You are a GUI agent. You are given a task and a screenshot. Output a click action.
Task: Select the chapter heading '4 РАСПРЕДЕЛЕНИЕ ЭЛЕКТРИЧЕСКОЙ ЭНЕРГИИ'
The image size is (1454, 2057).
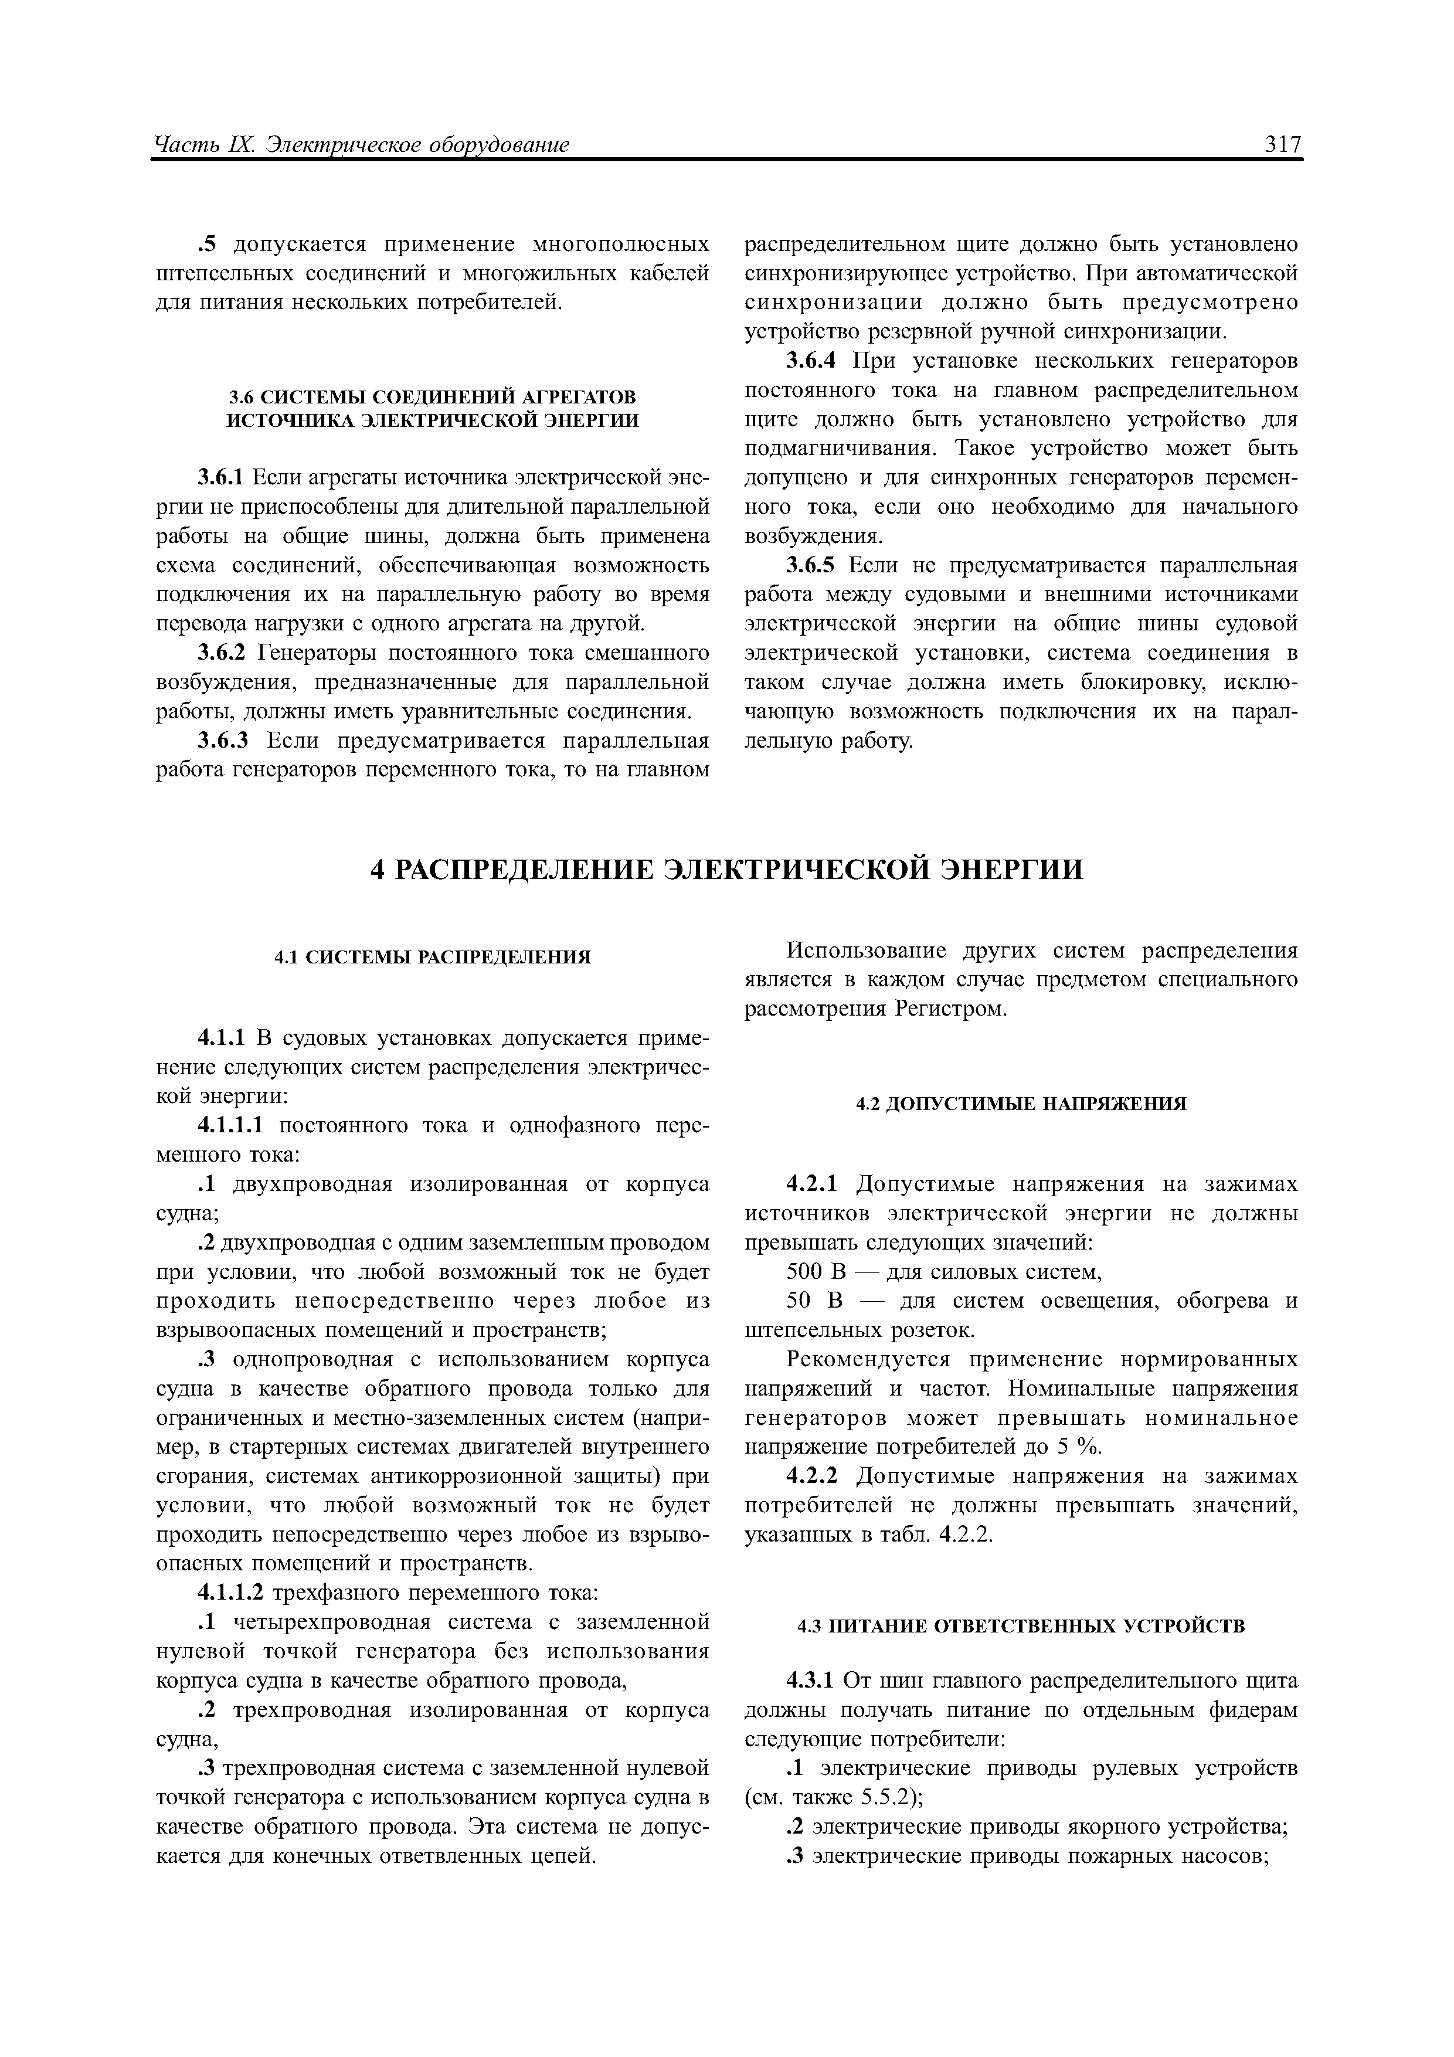click(x=726, y=869)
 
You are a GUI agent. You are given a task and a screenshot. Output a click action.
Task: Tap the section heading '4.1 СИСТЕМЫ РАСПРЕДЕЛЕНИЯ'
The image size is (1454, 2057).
click(x=433, y=957)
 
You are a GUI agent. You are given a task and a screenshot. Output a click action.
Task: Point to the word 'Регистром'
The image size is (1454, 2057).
click(x=950, y=1009)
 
